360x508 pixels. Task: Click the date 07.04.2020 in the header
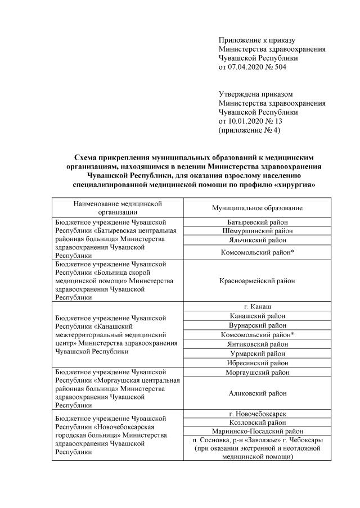246,67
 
